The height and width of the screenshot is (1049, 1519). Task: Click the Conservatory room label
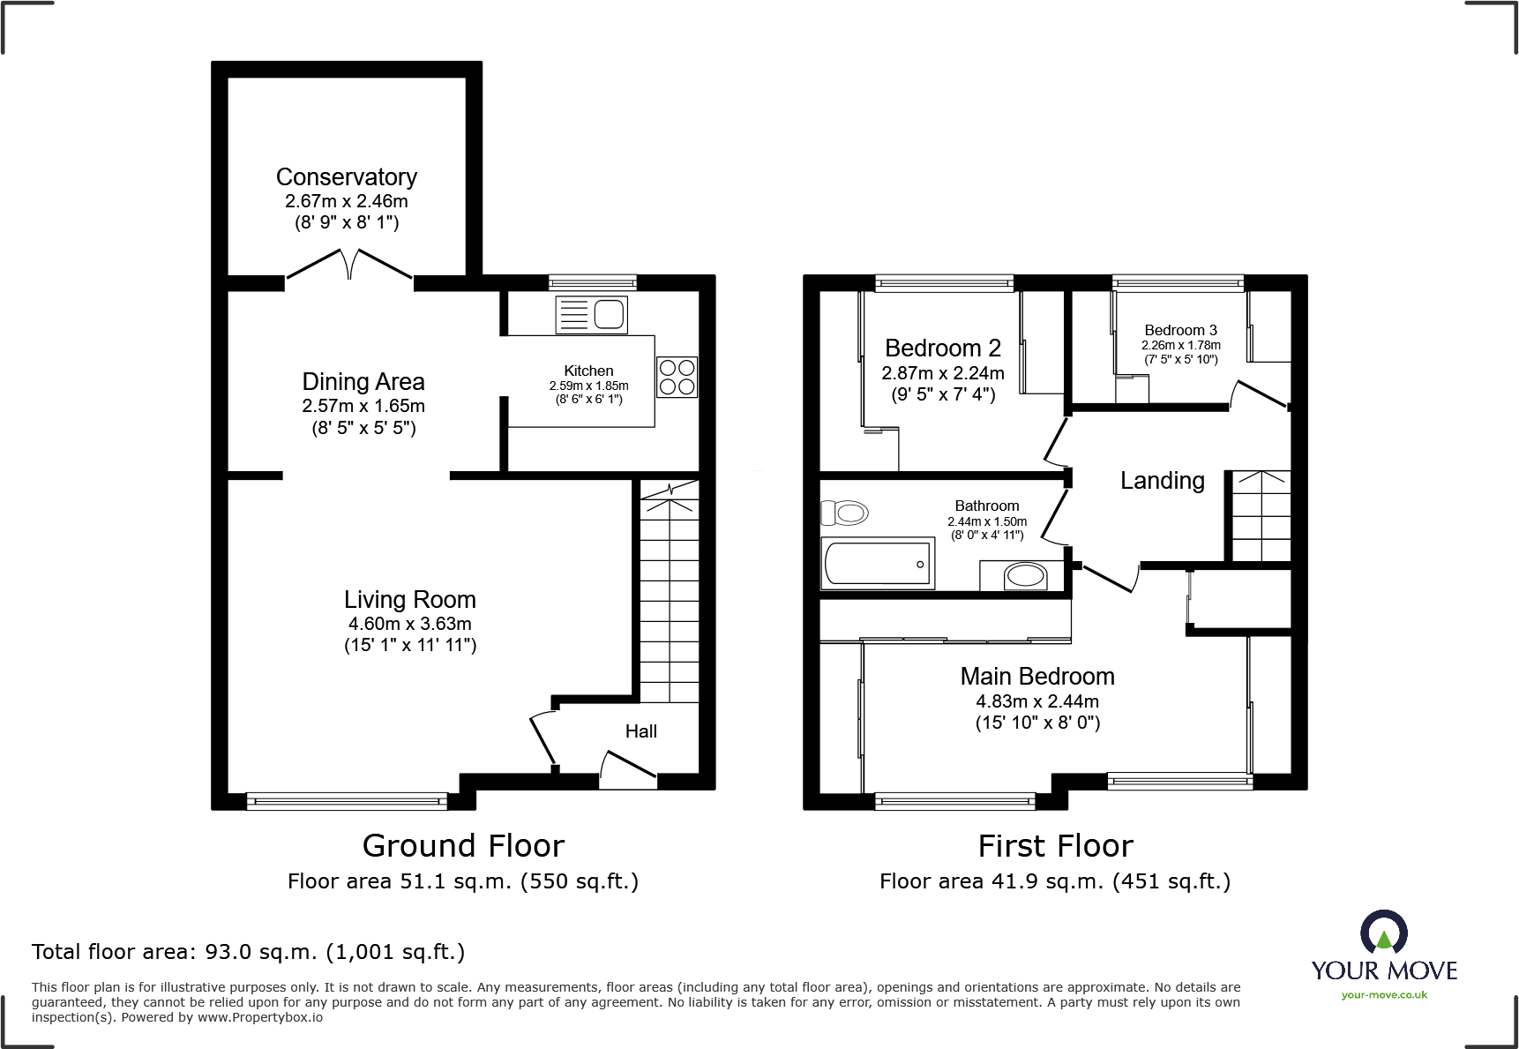click(346, 177)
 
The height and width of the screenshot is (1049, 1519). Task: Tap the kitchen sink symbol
click(591, 315)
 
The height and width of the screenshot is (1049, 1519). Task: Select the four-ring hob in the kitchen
click(677, 377)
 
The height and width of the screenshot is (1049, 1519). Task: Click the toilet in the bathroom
click(845, 513)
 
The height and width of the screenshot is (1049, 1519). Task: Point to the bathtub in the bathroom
click(878, 564)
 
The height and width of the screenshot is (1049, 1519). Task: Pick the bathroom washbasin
click(1025, 577)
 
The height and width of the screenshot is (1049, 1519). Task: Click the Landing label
click(1162, 481)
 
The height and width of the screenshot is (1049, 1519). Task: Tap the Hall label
click(640, 731)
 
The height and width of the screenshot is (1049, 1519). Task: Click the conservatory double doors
click(349, 264)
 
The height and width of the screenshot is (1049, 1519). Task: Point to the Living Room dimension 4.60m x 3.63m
click(409, 624)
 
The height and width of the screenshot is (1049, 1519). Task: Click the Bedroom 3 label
click(1180, 330)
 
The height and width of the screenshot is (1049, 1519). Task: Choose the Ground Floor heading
click(463, 846)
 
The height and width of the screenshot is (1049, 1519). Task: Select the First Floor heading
click(1055, 846)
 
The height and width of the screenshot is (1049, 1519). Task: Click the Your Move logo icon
click(1383, 932)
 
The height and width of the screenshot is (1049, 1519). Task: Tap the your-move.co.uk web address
click(1383, 995)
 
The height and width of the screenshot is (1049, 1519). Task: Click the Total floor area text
click(248, 952)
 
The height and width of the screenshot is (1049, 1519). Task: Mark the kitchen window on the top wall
click(592, 282)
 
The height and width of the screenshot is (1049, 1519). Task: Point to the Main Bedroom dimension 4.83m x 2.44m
click(1036, 701)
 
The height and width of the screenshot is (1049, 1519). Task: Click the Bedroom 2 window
click(944, 282)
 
